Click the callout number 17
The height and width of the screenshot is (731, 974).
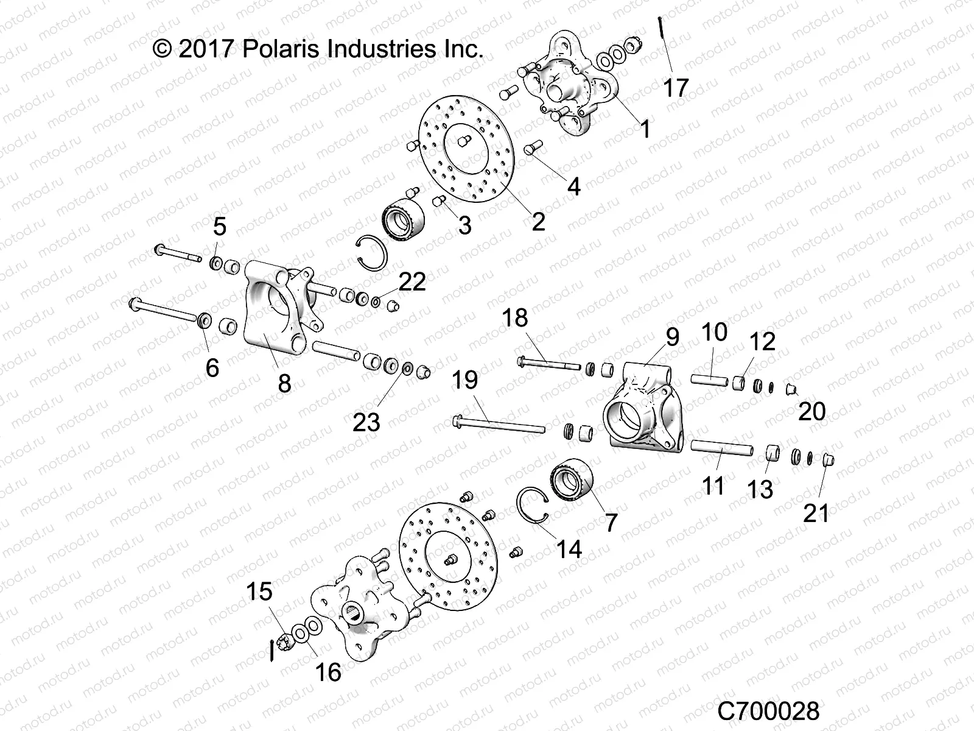tap(675, 88)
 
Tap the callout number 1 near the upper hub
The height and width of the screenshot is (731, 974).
tap(645, 129)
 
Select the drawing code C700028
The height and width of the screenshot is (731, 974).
tap(768, 711)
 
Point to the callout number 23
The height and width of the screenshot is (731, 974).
tap(366, 422)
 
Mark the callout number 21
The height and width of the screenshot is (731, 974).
tap(816, 513)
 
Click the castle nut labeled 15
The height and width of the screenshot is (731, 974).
tap(285, 640)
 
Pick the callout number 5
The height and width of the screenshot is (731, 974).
tap(219, 226)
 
